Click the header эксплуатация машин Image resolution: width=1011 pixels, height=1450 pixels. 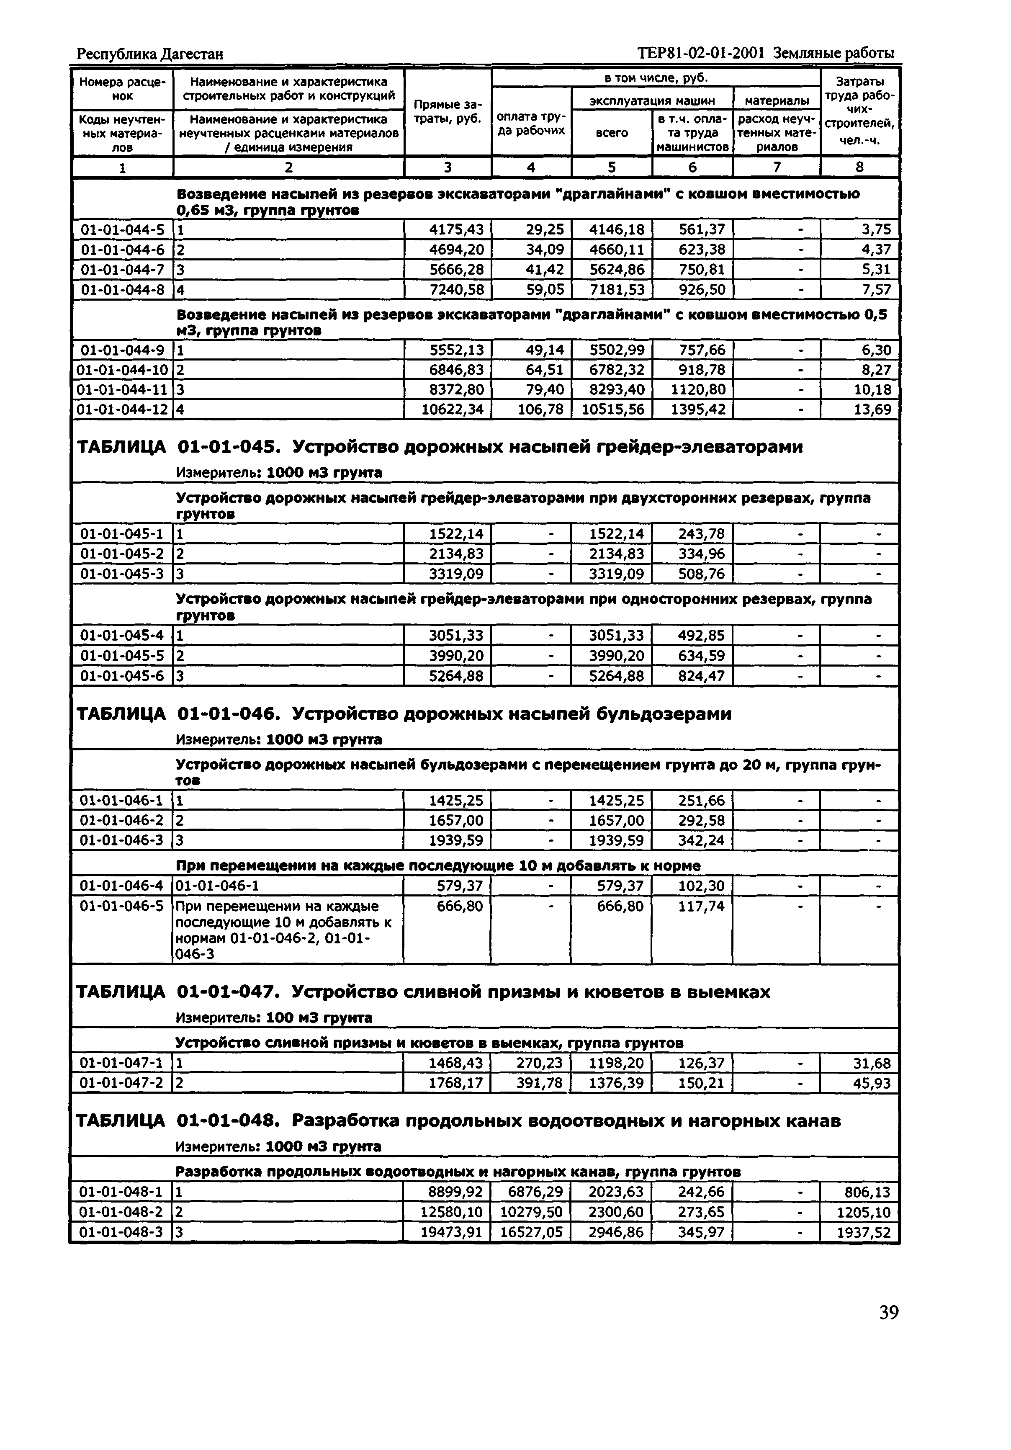point(652,100)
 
